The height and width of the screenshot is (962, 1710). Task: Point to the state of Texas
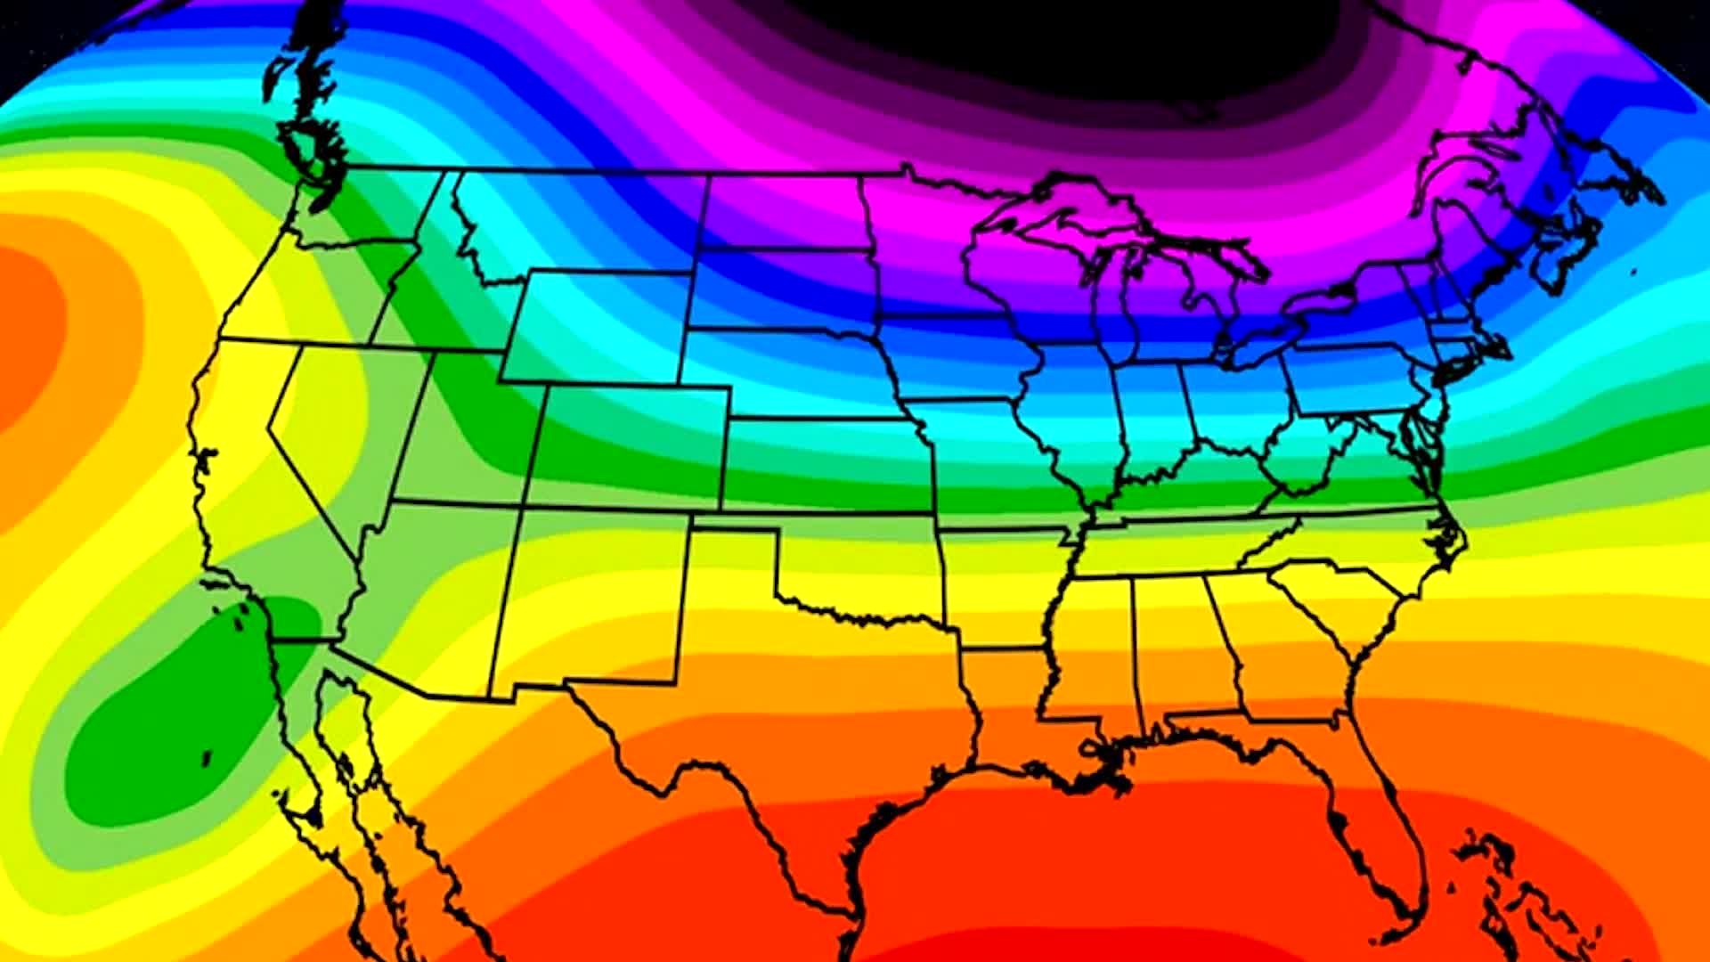pos(802,730)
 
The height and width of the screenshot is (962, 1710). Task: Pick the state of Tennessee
pos(1176,543)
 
